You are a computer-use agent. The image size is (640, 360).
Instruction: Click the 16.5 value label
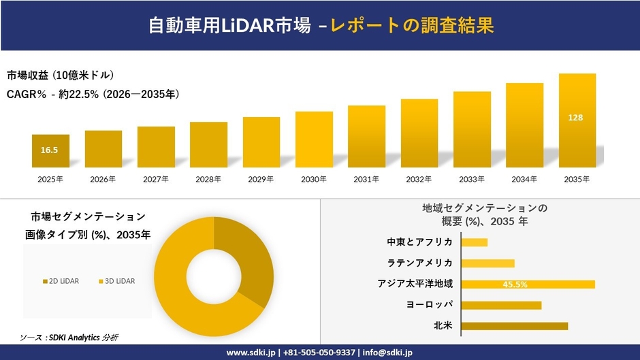[49, 150]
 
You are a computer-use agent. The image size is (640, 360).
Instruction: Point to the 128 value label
[575, 118]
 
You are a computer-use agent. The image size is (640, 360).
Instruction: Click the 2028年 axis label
[208, 180]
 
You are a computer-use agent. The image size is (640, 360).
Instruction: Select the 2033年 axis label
[472, 180]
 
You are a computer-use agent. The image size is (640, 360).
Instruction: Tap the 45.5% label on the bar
[515, 284]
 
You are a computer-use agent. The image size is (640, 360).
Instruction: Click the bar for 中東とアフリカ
[475, 242]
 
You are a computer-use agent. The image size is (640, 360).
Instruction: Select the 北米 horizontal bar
[514, 326]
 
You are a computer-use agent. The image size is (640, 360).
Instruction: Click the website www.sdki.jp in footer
[251, 353]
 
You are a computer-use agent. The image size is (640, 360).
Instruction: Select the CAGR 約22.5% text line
[93, 95]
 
